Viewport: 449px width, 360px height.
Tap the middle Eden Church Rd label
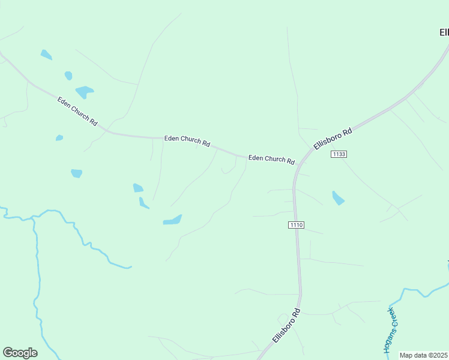[x=187, y=141]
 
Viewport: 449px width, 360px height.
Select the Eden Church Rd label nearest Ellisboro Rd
[x=271, y=159]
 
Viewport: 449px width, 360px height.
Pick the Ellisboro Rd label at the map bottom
[x=286, y=325]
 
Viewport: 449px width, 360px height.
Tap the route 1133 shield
[x=339, y=154]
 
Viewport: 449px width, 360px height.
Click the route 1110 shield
[x=297, y=225]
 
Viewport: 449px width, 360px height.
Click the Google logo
[x=20, y=353]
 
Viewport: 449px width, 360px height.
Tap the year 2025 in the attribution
[x=440, y=355]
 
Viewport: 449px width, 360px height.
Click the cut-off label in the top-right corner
[x=444, y=32]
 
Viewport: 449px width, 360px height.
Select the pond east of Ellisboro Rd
[x=339, y=198]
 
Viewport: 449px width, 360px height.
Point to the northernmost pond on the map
[x=46, y=55]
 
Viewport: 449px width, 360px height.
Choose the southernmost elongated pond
[x=172, y=220]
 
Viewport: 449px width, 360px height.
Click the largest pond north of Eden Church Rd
[x=84, y=92]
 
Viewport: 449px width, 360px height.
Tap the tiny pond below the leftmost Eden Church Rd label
[x=59, y=138]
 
